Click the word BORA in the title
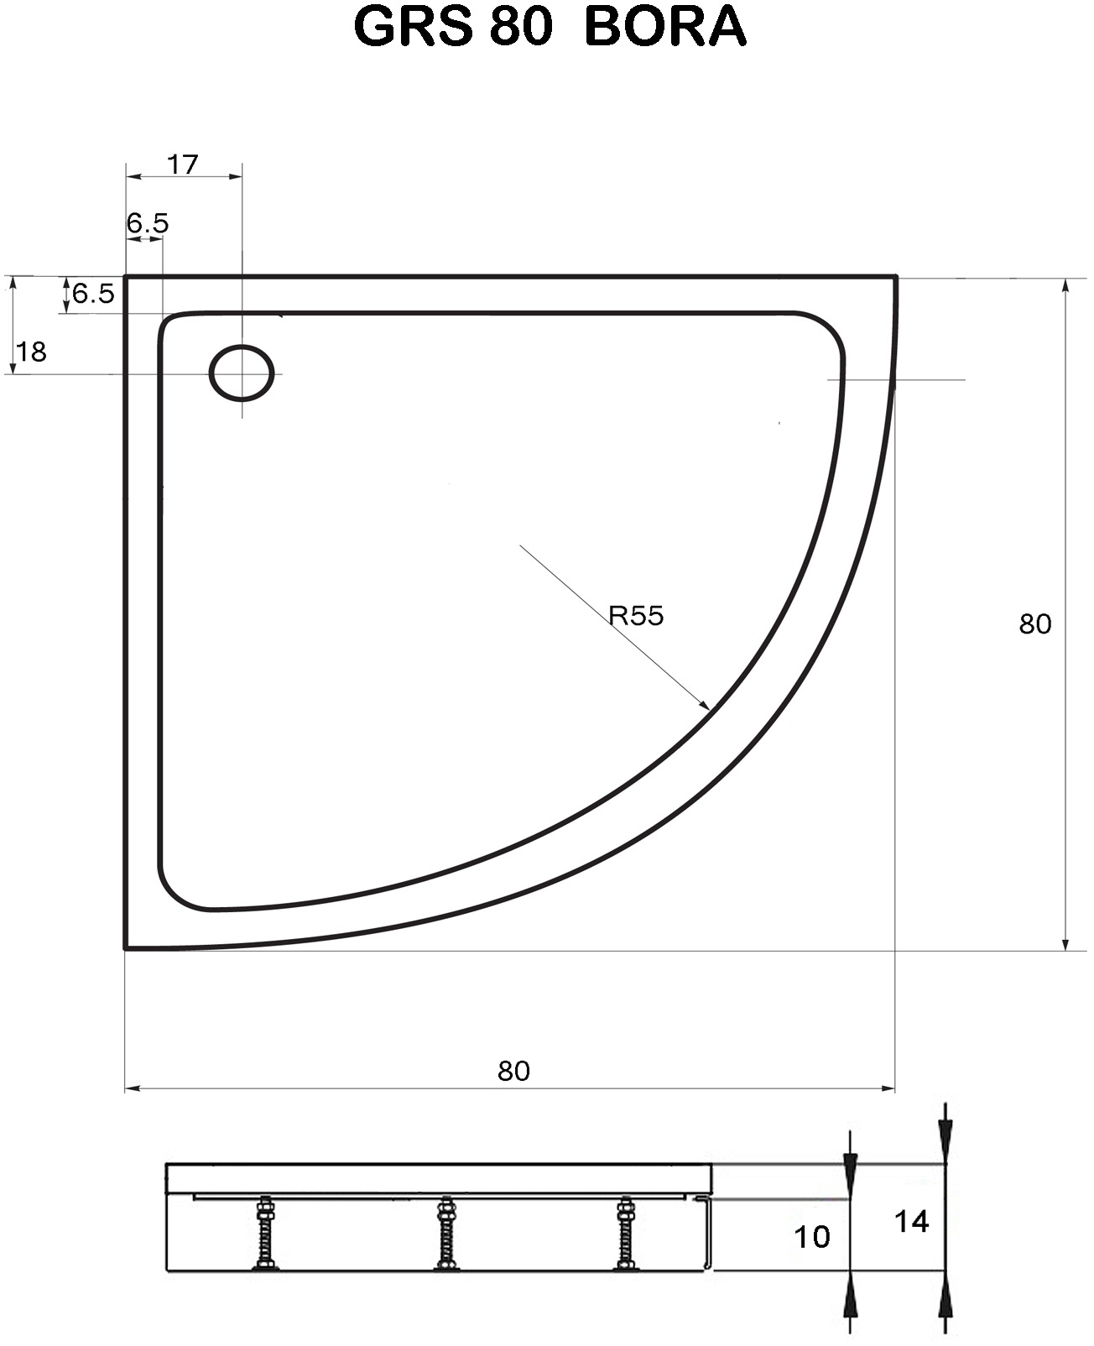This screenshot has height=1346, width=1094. (664, 27)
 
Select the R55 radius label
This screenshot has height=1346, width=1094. (636, 616)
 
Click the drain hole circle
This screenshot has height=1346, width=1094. (242, 373)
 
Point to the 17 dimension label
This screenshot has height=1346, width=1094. (182, 164)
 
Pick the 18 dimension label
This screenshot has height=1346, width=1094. (32, 352)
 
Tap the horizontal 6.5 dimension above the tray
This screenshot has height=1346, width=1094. (148, 223)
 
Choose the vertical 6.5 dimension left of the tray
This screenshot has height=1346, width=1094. (92, 294)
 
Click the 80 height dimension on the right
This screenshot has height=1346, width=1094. (1034, 624)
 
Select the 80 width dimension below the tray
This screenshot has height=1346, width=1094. (513, 1071)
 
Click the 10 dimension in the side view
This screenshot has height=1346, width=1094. (811, 1236)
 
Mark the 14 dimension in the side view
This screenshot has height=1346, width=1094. (911, 1222)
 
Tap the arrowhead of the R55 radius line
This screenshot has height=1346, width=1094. (704, 705)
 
